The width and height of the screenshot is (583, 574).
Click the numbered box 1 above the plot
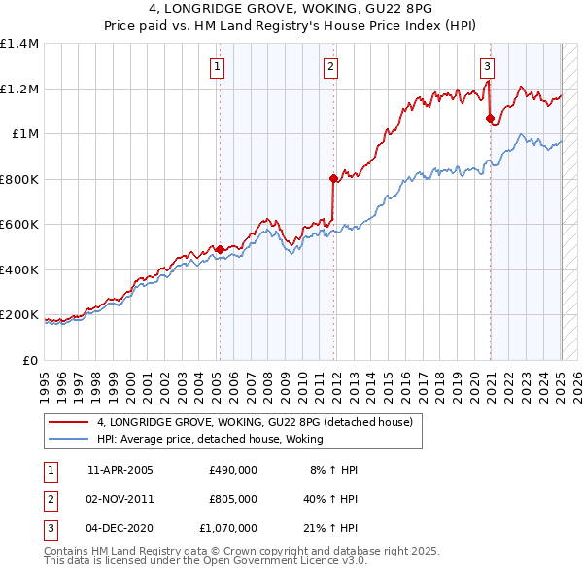216,67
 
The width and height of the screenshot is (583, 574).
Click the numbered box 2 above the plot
331,67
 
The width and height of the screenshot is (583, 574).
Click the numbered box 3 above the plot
487,67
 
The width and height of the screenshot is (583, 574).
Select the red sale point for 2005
220,249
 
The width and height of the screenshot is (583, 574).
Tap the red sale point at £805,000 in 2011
333,178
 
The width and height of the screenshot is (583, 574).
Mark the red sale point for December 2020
490,119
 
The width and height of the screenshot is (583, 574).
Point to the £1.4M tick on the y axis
19,44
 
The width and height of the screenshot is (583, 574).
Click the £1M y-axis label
25,134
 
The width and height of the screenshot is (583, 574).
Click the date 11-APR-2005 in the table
120,470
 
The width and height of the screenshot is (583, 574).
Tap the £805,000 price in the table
233,499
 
